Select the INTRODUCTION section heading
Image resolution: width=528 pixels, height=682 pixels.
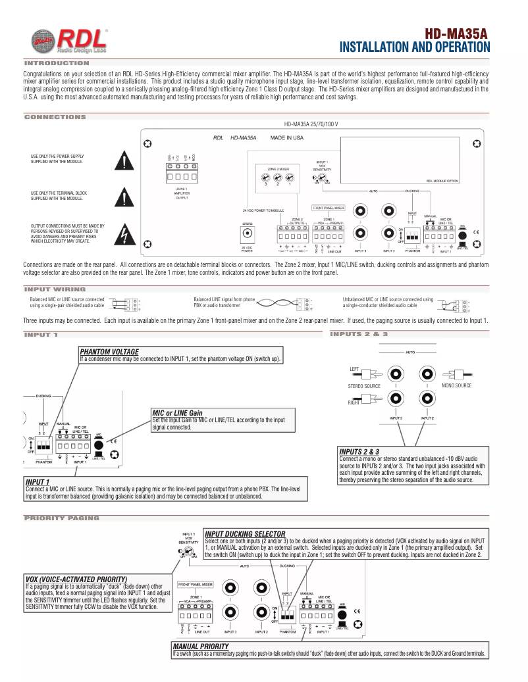click(x=56, y=63)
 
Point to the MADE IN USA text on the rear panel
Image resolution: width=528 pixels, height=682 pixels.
click(x=287, y=138)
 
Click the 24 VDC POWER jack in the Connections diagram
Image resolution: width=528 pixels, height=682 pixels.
click(x=247, y=234)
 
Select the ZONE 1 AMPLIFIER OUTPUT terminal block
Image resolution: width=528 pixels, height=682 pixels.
click(x=182, y=177)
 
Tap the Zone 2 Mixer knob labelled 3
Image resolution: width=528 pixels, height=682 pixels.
click(x=265, y=178)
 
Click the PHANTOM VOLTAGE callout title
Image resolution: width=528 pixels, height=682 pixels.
click(x=109, y=352)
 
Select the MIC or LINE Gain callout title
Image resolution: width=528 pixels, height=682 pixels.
click(x=177, y=413)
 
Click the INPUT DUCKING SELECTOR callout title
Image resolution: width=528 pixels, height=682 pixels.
click(x=245, y=533)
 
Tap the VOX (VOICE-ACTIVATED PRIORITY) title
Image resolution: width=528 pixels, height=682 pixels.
click(x=76, y=579)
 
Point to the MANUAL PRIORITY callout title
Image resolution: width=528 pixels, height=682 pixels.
click(x=200, y=646)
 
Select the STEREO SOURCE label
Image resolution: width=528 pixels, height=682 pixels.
click(x=365, y=386)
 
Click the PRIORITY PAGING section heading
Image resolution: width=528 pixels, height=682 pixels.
click(x=61, y=518)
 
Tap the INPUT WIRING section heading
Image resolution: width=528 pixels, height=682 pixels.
click(x=55, y=289)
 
